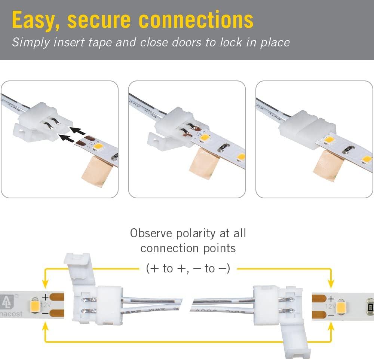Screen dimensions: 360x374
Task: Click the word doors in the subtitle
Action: [x=187, y=42]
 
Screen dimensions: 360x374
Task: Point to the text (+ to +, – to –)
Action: [x=187, y=268]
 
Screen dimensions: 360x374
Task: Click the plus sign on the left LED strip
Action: [x=45, y=298]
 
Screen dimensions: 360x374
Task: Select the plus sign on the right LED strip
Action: [x=331, y=299]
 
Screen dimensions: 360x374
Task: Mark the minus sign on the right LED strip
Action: [x=331, y=315]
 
